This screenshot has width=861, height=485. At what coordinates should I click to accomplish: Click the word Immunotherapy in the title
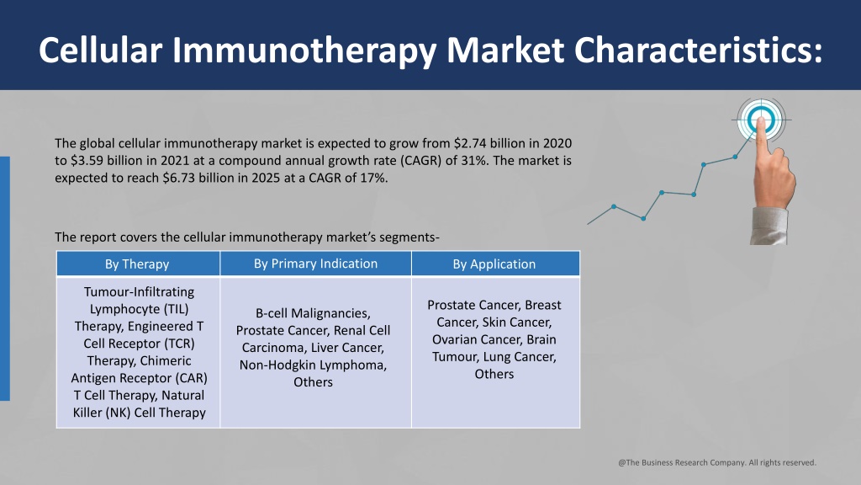304,51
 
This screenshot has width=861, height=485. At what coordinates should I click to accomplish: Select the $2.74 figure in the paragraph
469,143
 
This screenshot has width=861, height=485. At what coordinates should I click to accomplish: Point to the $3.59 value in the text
87,161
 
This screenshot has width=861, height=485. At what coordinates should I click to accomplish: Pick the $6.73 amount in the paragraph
179,179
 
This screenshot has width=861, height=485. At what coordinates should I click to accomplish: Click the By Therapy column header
137,264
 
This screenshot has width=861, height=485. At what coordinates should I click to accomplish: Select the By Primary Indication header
316,264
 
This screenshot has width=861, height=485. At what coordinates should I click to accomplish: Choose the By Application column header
494,264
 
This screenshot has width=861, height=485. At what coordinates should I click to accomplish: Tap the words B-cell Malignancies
313,313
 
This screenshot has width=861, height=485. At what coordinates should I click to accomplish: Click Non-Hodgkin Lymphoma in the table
313,365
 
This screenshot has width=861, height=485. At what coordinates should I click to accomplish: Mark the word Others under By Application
494,374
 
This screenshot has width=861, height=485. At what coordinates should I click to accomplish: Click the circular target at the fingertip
760,120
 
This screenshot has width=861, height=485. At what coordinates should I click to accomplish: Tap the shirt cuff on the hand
769,226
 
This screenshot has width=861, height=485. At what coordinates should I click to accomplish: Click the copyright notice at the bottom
717,462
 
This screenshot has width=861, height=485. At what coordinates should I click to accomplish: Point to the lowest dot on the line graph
643,218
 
